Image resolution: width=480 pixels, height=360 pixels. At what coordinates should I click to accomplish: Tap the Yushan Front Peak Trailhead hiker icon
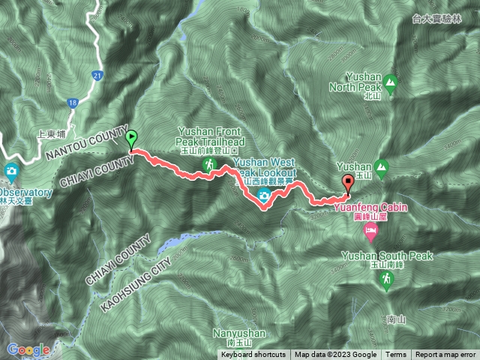click(211, 164)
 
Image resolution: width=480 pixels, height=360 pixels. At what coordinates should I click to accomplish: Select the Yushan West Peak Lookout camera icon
click(265, 196)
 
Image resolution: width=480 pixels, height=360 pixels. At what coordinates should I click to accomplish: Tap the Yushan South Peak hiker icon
click(387, 280)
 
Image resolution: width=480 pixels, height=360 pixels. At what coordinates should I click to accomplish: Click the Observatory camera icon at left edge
click(11, 172)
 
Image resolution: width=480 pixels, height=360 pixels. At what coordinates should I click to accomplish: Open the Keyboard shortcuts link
click(253, 355)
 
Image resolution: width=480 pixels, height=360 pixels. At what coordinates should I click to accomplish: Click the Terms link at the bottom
click(396, 355)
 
